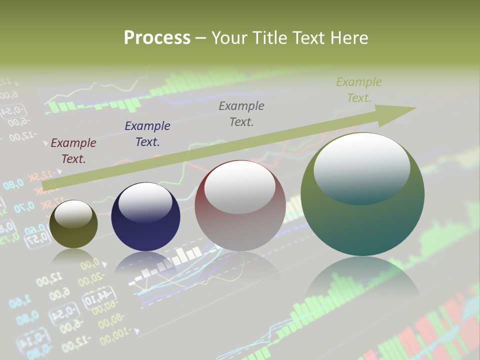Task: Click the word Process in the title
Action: tap(157, 38)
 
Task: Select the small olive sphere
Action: tap(73, 224)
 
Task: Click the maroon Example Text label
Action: tap(73, 151)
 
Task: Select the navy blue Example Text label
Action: tap(147, 134)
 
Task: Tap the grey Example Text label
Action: tap(241, 113)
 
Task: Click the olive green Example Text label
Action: tap(359, 90)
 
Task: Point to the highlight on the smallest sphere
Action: tap(73, 213)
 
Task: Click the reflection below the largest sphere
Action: tap(362, 277)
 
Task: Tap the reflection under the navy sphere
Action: tap(145, 262)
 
